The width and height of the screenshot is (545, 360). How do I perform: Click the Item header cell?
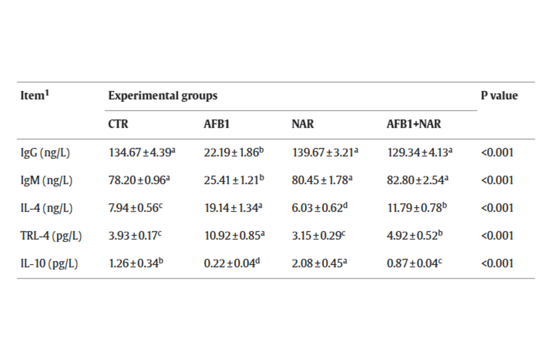tap(35, 95)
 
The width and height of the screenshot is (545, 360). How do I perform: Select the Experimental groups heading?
tap(163, 96)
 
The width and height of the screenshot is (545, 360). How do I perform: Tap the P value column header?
tap(499, 95)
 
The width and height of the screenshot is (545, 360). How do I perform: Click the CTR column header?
tap(118, 124)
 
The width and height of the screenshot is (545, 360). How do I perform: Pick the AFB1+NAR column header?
tap(414, 124)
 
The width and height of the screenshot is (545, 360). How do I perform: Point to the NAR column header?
tap(302, 124)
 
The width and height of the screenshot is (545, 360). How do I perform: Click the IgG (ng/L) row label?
tap(45, 153)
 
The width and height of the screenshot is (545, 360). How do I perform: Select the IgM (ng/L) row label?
tap(46, 181)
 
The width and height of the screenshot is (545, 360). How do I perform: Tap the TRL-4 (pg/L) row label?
tap(51, 236)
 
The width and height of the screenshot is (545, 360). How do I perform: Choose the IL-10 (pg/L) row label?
tap(49, 264)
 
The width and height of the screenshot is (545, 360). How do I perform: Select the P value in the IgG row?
tap(497, 152)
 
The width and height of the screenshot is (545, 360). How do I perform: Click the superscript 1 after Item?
tap(47, 93)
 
